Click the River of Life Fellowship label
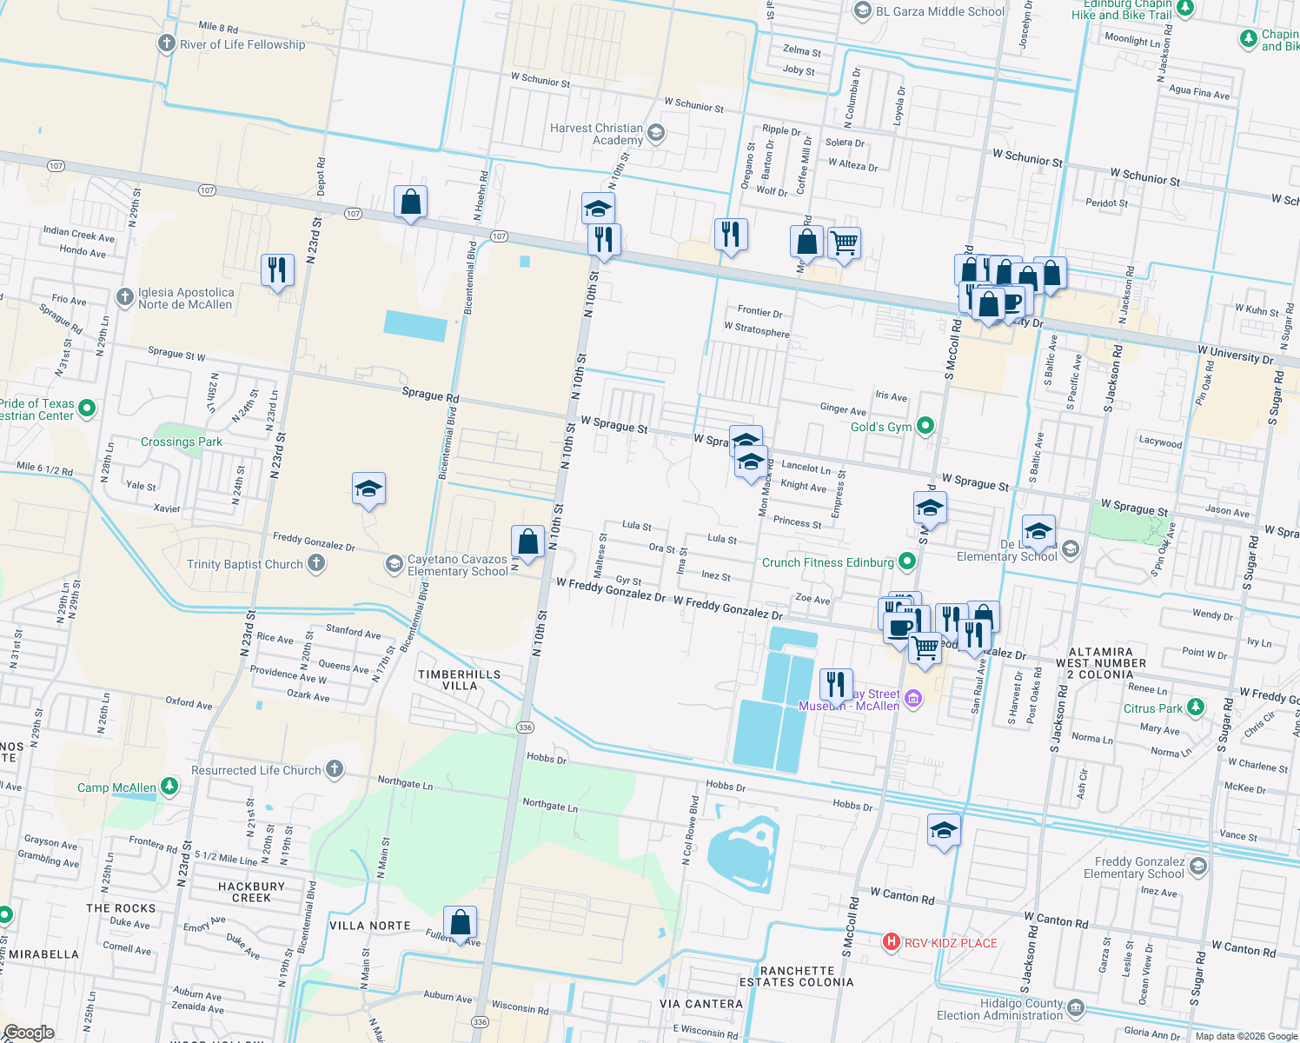coord(242,44)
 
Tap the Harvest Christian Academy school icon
coord(656,133)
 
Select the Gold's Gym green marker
coord(925,426)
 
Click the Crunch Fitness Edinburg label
coord(827,562)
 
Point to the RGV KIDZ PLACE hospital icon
coord(891,942)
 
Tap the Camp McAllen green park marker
coord(169,787)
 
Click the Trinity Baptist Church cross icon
coord(316,563)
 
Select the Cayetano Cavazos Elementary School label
coord(457,565)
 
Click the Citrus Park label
coord(1152,708)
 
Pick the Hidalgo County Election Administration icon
coord(1076,1008)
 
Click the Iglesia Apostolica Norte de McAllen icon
coord(124,297)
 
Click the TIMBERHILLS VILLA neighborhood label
coord(459,680)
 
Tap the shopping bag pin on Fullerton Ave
coord(460,922)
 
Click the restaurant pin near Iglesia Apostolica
coord(277,270)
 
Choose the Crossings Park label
coord(182,442)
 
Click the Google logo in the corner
coord(28,1032)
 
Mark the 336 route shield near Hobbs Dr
coord(524,727)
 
